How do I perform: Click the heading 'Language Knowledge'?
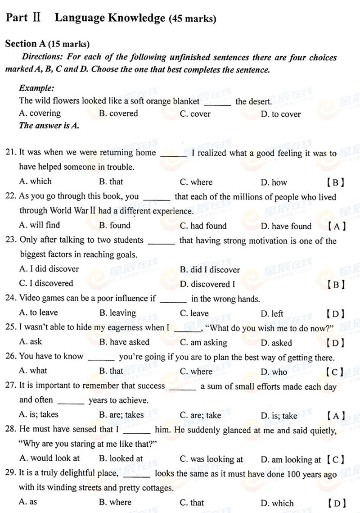pyautogui.click(x=110, y=18)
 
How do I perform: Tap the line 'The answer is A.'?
pyautogui.click(x=49, y=126)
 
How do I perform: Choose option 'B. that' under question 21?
pyautogui.click(x=111, y=182)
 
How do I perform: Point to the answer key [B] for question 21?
pyautogui.click(x=335, y=182)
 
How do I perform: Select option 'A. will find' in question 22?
pyautogui.click(x=40, y=225)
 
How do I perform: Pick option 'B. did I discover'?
pyautogui.click(x=210, y=270)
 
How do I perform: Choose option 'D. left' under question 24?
pyautogui.click(x=272, y=313)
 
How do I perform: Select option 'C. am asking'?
pyautogui.click(x=203, y=343)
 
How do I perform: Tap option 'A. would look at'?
pyautogui.click(x=49, y=459)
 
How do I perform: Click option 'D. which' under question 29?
pyautogui.click(x=277, y=503)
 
